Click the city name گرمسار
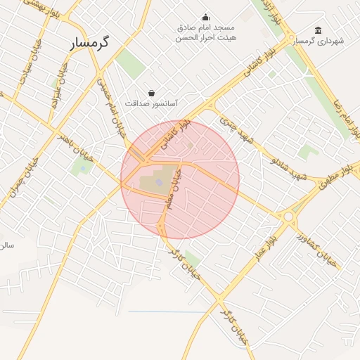(91, 43)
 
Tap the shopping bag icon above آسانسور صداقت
(152, 93)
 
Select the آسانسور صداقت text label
(151, 103)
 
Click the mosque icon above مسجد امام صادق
(205, 18)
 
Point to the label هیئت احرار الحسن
(206, 37)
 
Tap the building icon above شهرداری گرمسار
(319, 30)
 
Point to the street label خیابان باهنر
(75, 141)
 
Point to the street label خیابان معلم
(173, 188)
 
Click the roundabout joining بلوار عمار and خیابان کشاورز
(288, 217)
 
